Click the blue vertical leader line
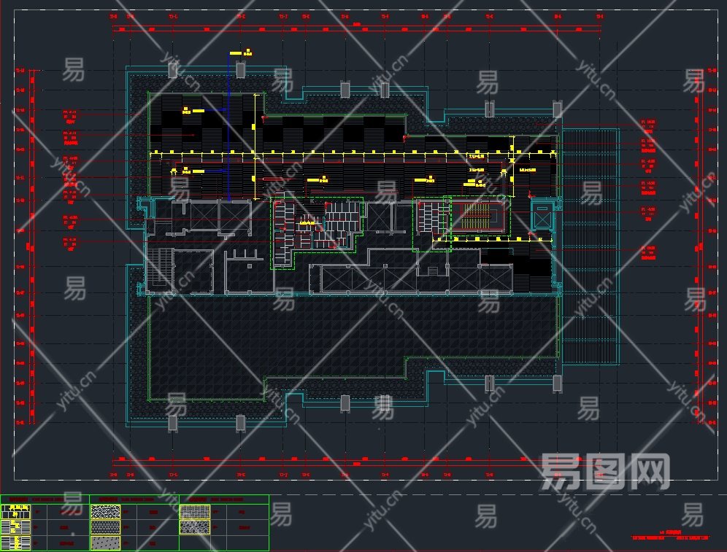coord(228,131)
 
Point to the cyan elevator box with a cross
coord(542,215)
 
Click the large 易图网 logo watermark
coord(604,471)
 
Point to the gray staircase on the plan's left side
coord(158,271)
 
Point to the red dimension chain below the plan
coord(358,459)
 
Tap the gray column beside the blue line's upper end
coord(239,70)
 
